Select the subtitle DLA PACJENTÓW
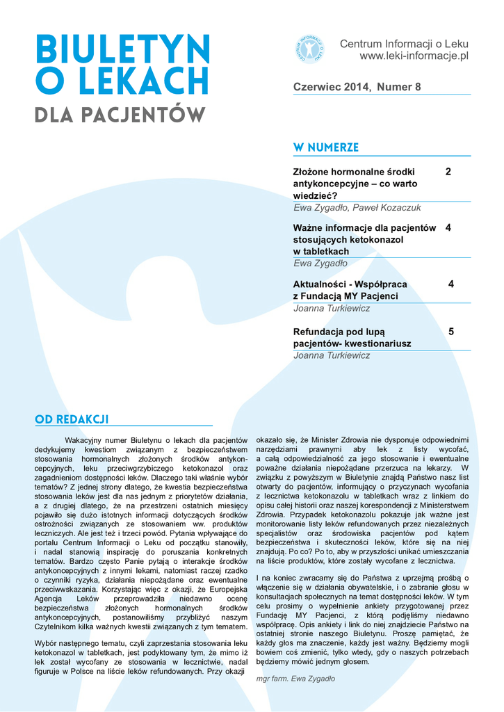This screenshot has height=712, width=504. [x=120, y=114]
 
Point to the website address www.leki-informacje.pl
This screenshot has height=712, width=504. [x=414, y=56]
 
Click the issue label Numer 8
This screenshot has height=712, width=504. [x=398, y=87]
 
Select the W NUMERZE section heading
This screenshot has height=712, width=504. [x=326, y=147]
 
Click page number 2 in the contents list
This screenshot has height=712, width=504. [x=448, y=171]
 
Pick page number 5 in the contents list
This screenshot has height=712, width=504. [x=451, y=332]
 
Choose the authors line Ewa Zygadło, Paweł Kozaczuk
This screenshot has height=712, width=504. [x=357, y=207]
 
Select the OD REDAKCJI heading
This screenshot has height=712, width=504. [x=72, y=419]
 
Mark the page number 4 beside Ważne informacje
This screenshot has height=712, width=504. [x=448, y=227]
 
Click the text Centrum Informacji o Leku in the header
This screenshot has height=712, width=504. [x=405, y=44]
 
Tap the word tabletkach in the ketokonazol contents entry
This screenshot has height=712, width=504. [x=327, y=251]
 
